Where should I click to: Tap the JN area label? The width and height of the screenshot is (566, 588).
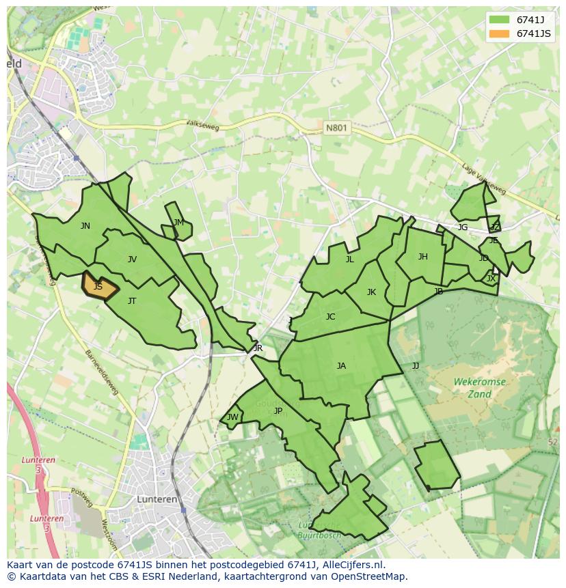click(x=85, y=226)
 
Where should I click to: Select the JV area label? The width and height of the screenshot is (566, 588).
click(x=132, y=260)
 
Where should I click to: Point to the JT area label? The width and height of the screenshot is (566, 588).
click(x=132, y=301)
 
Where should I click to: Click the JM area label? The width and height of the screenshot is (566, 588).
click(x=178, y=223)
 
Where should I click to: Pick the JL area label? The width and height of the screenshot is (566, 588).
click(x=350, y=260)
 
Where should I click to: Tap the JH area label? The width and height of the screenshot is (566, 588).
click(x=422, y=257)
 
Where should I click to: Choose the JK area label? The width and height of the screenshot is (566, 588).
click(x=371, y=292)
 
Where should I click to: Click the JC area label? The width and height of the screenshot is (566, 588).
click(x=331, y=317)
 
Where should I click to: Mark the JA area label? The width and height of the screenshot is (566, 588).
click(x=341, y=366)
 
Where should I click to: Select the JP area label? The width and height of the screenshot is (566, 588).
click(x=278, y=411)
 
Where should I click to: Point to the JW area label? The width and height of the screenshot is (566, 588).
click(x=232, y=417)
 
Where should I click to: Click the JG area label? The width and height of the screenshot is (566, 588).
click(x=463, y=227)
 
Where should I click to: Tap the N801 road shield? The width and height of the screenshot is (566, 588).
click(x=336, y=128)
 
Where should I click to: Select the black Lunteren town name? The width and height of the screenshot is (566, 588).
click(x=157, y=499)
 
